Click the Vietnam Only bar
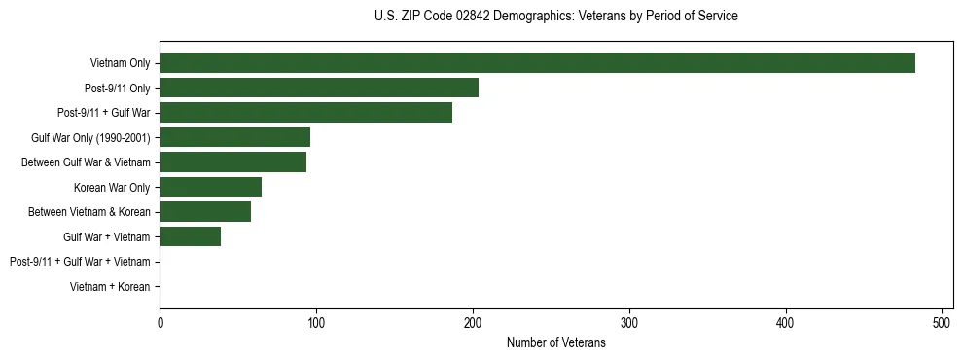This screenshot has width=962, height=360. (537, 63)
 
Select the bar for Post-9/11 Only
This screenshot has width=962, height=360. (319, 88)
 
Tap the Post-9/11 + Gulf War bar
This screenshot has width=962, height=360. (305, 113)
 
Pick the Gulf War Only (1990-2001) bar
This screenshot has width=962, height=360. (234, 137)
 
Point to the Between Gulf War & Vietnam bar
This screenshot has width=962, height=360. (232, 162)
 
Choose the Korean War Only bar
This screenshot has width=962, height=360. (210, 187)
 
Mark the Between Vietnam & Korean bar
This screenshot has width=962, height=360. (205, 212)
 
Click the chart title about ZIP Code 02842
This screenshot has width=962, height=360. (555, 17)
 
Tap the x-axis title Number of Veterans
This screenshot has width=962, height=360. (555, 343)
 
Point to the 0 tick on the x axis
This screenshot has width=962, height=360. (160, 324)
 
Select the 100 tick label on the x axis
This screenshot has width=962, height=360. (316, 324)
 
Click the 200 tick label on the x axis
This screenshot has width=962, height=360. (473, 324)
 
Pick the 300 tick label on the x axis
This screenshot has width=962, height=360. (629, 324)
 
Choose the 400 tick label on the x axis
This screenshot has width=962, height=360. (786, 324)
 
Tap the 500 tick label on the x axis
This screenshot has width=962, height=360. (942, 324)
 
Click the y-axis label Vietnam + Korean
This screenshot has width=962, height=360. (110, 287)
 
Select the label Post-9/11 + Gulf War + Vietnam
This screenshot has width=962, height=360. (80, 262)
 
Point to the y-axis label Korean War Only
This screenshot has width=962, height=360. (112, 187)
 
